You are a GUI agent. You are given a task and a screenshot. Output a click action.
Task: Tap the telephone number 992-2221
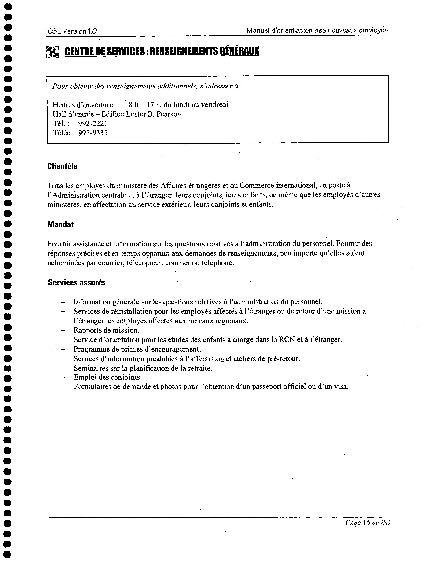(93, 123)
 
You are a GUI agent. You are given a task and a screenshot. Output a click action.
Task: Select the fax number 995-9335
(93, 133)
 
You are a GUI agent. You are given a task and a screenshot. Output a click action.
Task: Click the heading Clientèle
(62, 166)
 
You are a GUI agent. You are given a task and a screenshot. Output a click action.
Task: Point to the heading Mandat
(60, 224)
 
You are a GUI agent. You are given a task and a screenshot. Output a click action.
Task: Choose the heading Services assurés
(77, 282)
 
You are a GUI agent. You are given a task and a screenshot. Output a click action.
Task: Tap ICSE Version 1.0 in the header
(71, 31)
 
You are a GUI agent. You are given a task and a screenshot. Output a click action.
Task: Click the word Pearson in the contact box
(169, 114)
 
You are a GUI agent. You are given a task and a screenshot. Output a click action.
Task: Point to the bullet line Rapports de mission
(106, 330)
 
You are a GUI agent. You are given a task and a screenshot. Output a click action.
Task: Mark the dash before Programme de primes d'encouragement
(63, 349)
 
